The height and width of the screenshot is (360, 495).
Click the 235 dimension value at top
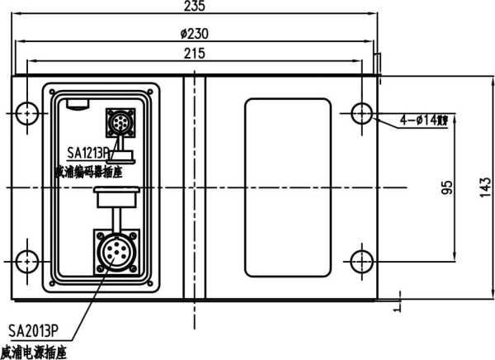click(194, 7)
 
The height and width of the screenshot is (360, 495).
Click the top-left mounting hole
click(26, 112)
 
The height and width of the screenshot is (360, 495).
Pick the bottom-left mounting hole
click(26, 260)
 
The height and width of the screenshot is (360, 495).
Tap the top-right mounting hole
click(362, 112)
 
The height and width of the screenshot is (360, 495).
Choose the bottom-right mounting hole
click(362, 260)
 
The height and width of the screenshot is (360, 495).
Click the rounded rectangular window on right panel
click(289, 187)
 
